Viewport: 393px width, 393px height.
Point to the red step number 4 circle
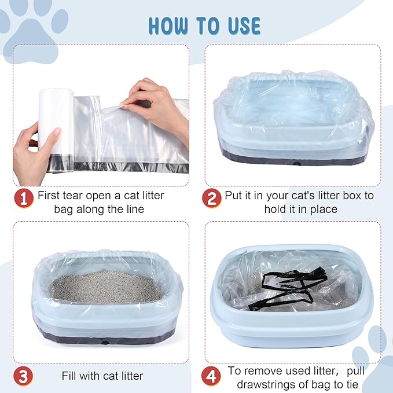(211, 376)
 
